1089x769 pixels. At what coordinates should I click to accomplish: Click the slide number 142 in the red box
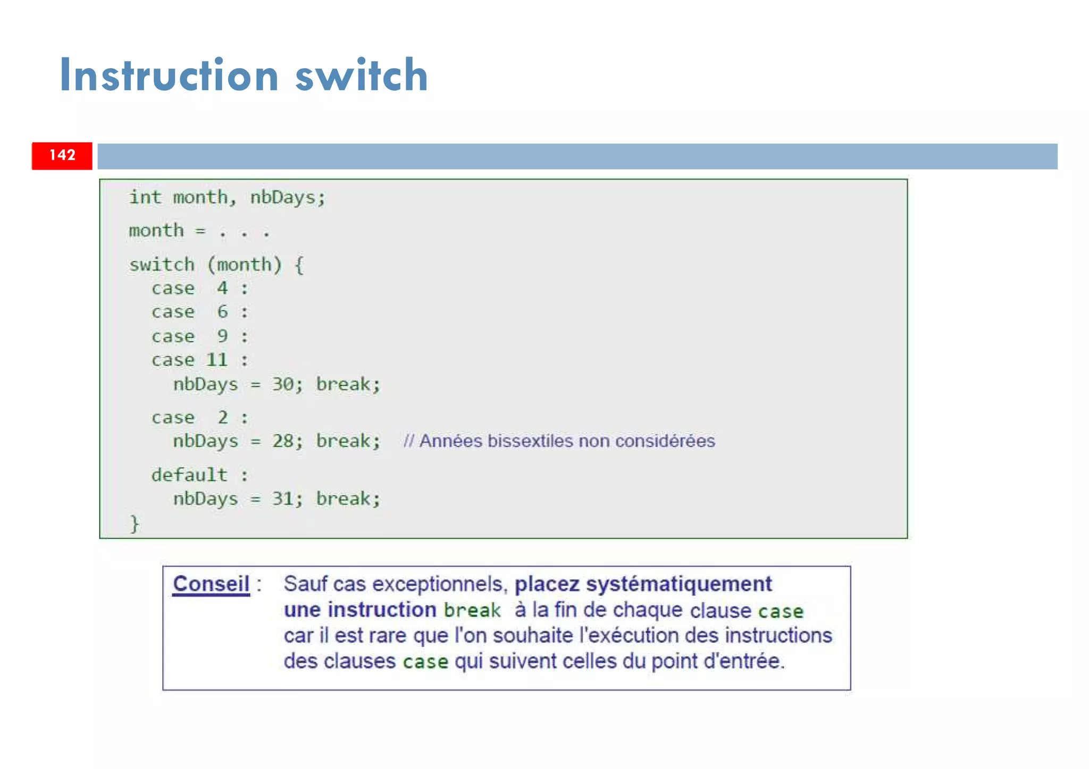(62, 155)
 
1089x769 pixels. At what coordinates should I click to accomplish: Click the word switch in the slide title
(362, 75)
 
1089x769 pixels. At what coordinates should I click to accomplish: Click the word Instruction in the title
(169, 75)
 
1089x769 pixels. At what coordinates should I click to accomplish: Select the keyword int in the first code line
(145, 197)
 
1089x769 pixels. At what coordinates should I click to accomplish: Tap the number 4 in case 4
(222, 288)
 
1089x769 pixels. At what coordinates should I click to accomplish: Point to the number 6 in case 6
(222, 311)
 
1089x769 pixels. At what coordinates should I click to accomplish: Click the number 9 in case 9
(222, 336)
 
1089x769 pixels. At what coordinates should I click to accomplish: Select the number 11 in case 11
(217, 360)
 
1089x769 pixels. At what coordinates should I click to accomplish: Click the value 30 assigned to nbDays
(283, 384)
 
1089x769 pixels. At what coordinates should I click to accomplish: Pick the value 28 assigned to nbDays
(283, 441)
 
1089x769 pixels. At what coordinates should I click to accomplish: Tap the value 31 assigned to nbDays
(283, 498)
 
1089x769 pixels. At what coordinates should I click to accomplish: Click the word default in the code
(189, 475)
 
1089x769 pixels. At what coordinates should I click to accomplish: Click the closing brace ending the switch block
(135, 523)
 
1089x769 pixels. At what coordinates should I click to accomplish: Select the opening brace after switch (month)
(299, 265)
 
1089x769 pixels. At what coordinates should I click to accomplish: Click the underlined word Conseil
(211, 584)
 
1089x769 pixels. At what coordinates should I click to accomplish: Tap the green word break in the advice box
(472, 610)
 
